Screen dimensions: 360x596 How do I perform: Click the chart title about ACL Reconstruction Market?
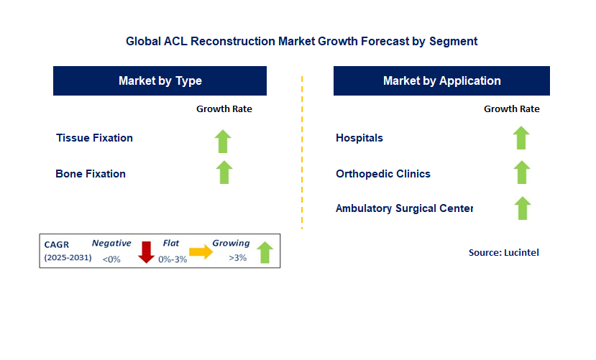[301, 41]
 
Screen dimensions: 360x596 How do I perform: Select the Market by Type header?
[160, 80]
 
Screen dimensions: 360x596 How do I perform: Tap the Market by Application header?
[441, 80]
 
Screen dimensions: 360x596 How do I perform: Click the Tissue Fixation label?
[94, 138]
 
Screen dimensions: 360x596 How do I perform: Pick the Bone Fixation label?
[91, 174]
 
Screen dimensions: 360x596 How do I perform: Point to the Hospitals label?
[359, 138]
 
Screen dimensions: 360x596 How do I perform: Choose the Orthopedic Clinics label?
[383, 174]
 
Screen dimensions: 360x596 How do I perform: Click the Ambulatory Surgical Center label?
[405, 208]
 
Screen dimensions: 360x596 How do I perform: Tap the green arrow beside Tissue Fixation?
[224, 140]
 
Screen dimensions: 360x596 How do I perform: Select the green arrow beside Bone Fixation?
[224, 172]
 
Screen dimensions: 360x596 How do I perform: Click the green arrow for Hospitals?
[522, 137]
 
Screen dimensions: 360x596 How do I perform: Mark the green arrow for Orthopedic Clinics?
[522, 172]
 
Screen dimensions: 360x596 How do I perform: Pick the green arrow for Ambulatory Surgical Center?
[522, 208]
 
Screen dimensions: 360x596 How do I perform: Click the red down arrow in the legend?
[147, 252]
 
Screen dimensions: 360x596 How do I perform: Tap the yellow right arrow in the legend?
[201, 251]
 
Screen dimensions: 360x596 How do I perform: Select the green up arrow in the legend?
[265, 252]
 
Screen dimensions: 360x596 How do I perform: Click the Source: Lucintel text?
[503, 252]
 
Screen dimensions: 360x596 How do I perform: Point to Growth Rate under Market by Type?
[224, 109]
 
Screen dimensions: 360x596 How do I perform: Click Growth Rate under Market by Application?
[511, 109]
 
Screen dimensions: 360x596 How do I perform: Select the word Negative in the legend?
[111, 244]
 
